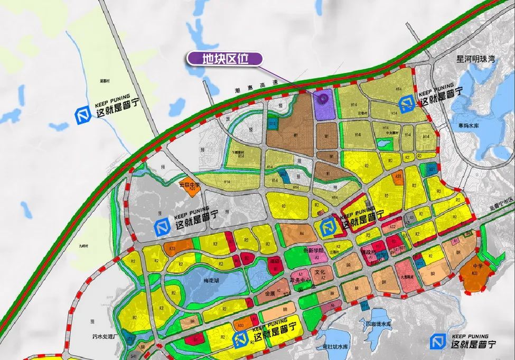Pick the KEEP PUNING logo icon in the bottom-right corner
pyautogui.click(x=437, y=341)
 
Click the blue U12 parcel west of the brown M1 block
pyautogui.click(x=273, y=124)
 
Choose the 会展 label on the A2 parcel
pyautogui.click(x=270, y=292)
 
